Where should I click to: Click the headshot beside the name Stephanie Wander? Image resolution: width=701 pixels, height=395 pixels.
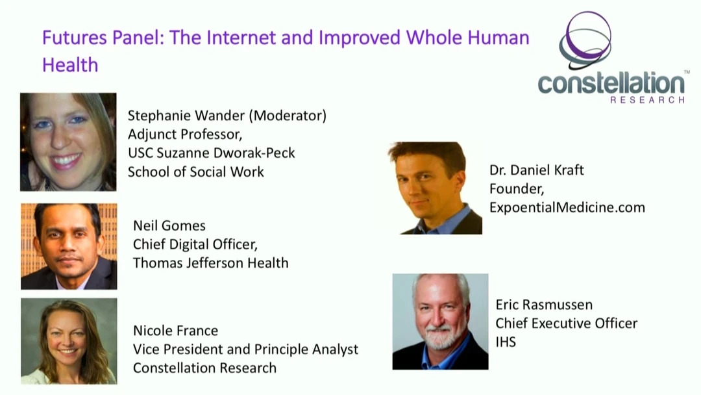pyautogui.click(x=68, y=142)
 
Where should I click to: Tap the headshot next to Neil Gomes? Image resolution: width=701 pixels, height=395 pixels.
pyautogui.click(x=69, y=246)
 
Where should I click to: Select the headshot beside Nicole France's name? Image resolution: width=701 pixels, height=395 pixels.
pyautogui.click(x=69, y=341)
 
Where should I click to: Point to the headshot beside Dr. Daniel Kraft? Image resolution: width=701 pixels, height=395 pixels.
pyautogui.click(x=435, y=188)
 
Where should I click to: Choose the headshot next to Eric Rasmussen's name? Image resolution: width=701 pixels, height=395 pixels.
pyautogui.click(x=440, y=322)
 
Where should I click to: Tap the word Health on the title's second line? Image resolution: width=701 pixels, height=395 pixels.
pyautogui.click(x=70, y=66)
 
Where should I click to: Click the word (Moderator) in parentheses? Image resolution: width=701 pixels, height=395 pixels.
pyautogui.click(x=288, y=116)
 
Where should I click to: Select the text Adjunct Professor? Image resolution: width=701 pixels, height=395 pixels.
pyautogui.click(x=185, y=134)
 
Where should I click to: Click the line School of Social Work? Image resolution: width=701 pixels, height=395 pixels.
pyautogui.click(x=196, y=172)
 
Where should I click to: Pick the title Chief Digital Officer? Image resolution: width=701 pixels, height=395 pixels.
pyautogui.click(x=195, y=244)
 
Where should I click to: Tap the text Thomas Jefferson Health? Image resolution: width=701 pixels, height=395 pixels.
pyautogui.click(x=210, y=263)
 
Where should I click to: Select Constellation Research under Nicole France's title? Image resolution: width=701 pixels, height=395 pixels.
pyautogui.click(x=204, y=368)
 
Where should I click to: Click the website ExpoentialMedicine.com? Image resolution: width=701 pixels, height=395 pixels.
pyautogui.click(x=567, y=207)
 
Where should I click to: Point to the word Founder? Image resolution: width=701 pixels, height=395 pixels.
pyautogui.click(x=517, y=189)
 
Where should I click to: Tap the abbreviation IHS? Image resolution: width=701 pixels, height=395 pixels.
pyautogui.click(x=506, y=342)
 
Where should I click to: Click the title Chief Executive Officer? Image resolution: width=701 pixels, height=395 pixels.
pyautogui.click(x=567, y=324)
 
